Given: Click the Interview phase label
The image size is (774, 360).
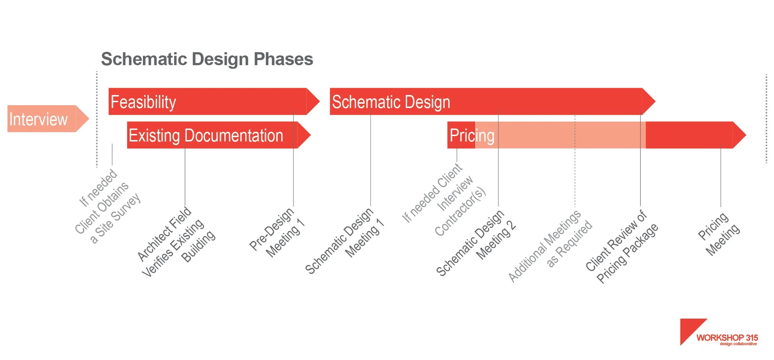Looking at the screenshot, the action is (x=38, y=119).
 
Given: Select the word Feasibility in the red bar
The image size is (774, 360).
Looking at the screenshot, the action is (x=143, y=102).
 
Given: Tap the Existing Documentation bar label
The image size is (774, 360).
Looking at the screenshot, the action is (x=206, y=136).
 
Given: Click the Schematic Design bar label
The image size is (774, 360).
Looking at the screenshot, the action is (x=391, y=102).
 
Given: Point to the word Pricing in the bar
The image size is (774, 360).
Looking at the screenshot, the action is (x=472, y=136).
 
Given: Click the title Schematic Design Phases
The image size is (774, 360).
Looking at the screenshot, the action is (x=207, y=59).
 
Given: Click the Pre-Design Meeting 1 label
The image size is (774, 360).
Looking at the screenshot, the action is (x=277, y=233).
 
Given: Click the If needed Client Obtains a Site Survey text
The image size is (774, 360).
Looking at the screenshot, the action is (x=107, y=207).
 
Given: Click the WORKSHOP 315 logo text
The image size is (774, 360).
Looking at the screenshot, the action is (x=727, y=338).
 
